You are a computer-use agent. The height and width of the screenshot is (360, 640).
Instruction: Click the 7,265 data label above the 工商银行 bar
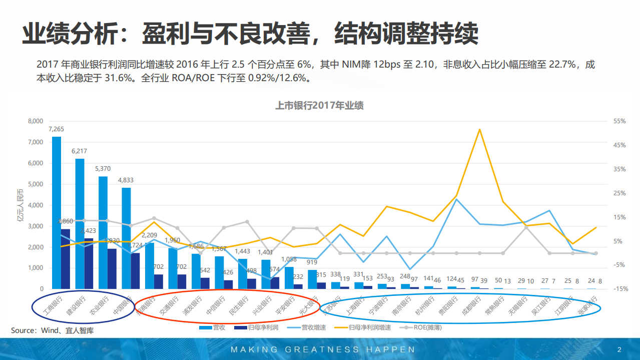(x=57, y=129)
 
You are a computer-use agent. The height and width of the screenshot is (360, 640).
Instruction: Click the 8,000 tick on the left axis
(x=36, y=121)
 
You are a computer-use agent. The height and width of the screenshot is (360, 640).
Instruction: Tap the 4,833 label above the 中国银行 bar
(x=126, y=180)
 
